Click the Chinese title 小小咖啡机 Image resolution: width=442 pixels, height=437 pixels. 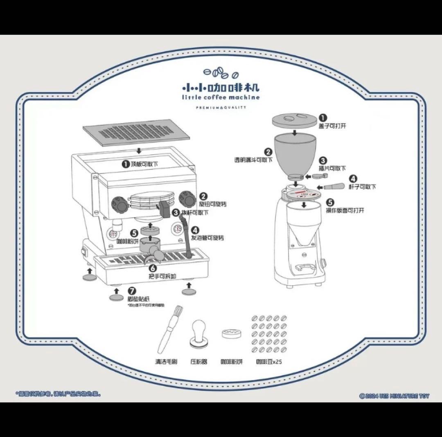point(221,87)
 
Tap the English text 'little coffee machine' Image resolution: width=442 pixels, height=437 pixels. point(221,97)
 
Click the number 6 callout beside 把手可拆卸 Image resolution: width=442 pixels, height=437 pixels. point(152,268)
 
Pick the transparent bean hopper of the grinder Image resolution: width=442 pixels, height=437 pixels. point(294,154)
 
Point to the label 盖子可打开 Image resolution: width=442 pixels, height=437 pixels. point(332,126)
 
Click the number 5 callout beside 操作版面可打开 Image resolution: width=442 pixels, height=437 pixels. point(331,202)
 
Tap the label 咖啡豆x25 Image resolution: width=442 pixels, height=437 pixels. point(269,362)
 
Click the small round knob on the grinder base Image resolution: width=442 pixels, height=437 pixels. point(324,262)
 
